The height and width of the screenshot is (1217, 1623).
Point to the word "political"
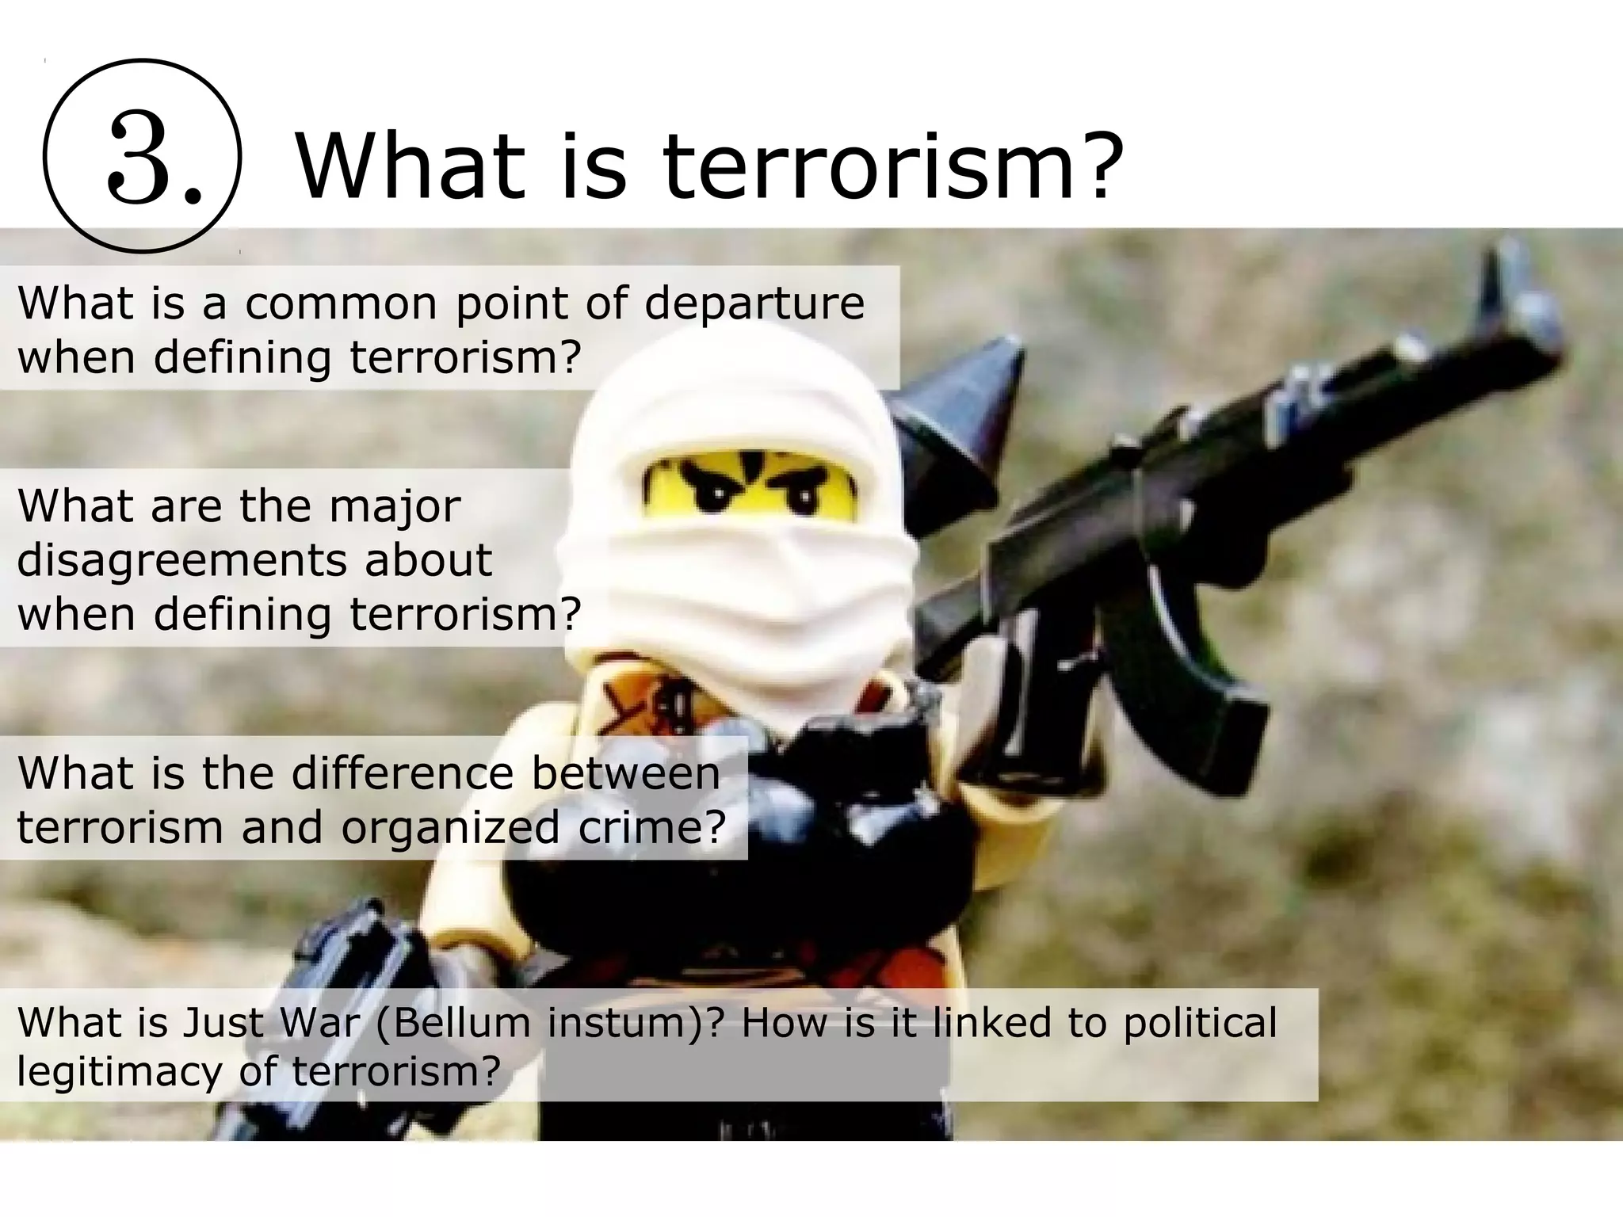pos(1200,1022)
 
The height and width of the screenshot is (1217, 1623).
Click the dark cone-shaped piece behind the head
pos(963,404)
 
